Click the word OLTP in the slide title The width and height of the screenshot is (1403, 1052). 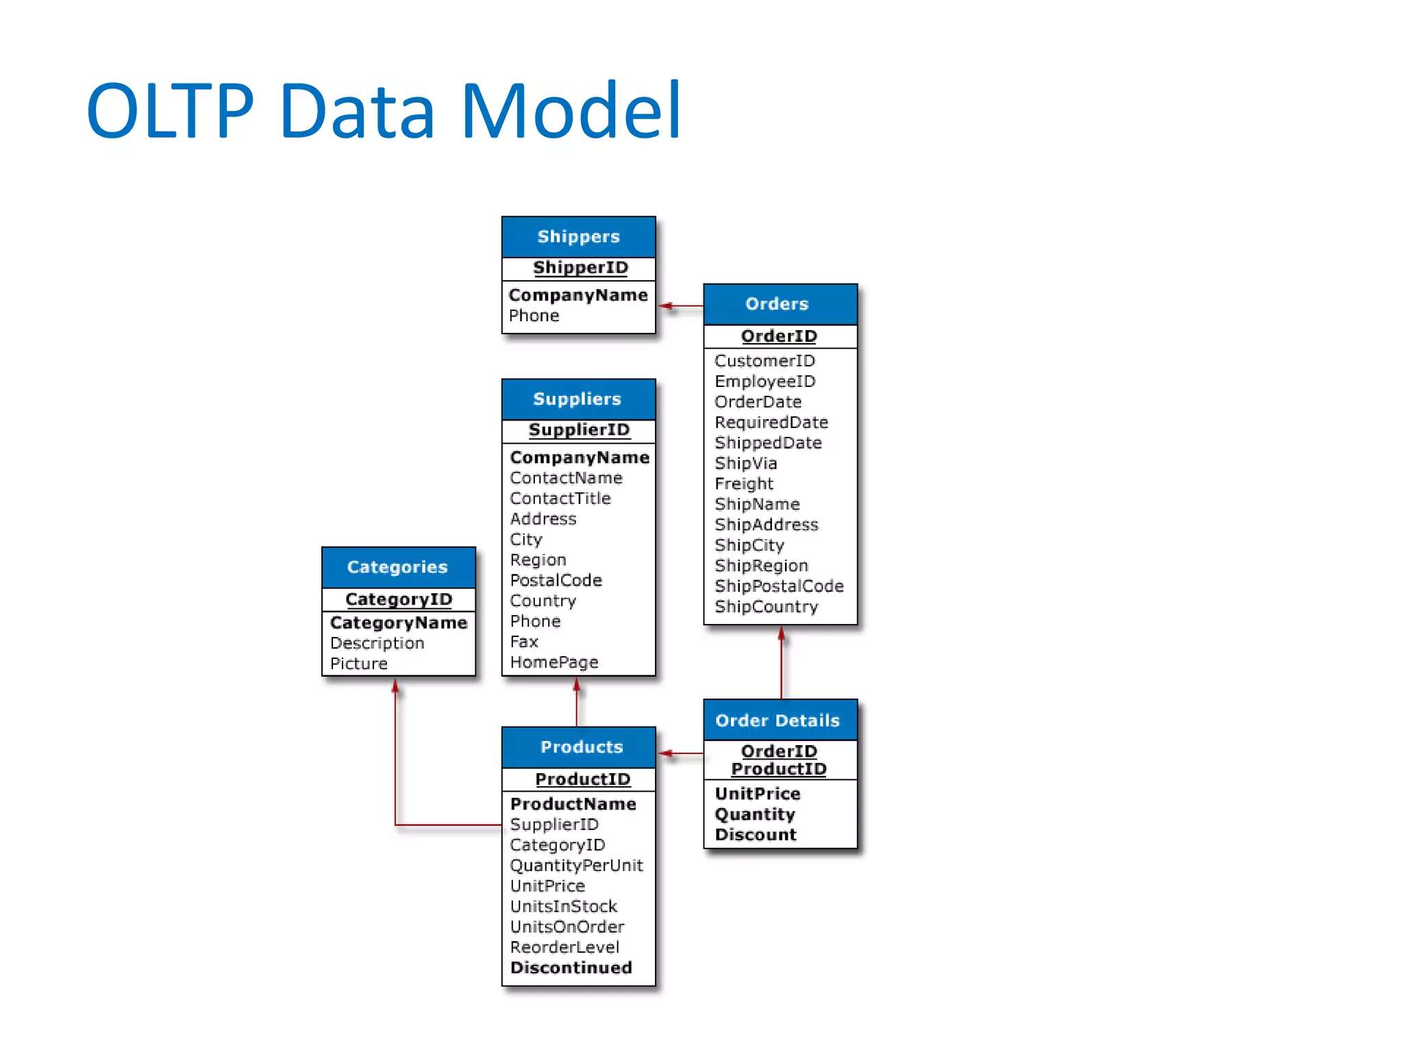[170, 111]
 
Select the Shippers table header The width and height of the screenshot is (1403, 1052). [578, 237]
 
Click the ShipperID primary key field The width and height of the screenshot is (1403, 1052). [580, 268]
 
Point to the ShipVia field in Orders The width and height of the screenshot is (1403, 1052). [745, 464]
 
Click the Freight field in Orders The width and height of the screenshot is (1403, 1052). [743, 484]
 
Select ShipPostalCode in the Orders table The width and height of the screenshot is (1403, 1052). [779, 586]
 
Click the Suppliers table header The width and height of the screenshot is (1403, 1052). [578, 399]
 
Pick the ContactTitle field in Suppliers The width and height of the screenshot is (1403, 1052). [560, 499]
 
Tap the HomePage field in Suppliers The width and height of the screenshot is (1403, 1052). [554, 662]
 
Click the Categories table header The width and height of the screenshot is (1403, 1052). [398, 567]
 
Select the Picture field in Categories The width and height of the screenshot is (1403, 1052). [358, 664]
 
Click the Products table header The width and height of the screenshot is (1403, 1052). [581, 747]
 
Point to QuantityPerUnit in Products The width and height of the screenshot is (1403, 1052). [576, 866]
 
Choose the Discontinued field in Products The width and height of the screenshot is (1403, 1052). [571, 968]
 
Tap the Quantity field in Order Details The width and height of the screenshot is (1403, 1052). [754, 814]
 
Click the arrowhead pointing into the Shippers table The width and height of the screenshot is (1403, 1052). [666, 306]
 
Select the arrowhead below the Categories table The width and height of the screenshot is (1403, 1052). [395, 686]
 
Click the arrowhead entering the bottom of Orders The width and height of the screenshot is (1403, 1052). [781, 634]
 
